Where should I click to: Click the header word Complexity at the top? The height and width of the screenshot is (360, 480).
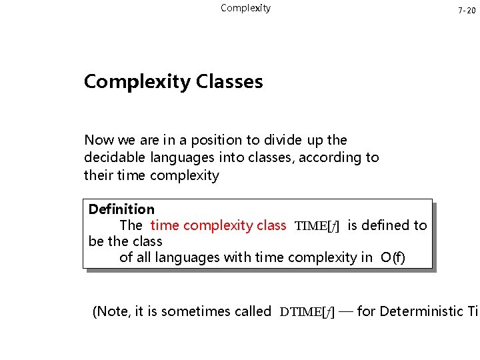point(245,8)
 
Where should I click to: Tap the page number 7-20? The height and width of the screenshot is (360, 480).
point(467,11)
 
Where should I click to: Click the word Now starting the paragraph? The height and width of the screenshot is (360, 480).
point(99,140)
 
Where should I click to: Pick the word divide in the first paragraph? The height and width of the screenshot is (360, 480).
point(285,140)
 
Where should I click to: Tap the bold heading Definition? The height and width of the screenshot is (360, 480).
point(121,209)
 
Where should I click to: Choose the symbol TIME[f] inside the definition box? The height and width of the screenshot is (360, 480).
point(317,226)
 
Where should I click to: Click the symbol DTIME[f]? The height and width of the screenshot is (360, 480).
point(307,311)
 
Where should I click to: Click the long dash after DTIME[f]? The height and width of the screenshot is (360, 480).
point(345,311)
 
